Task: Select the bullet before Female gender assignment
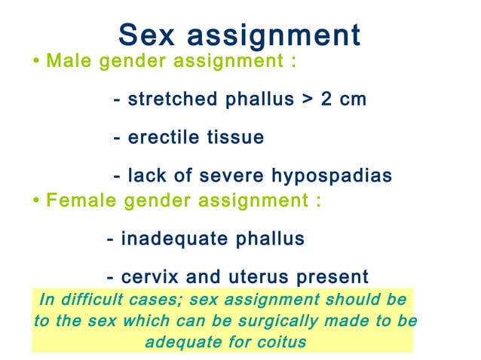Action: (37, 201)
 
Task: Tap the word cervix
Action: (147, 277)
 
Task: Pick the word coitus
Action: (282, 340)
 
